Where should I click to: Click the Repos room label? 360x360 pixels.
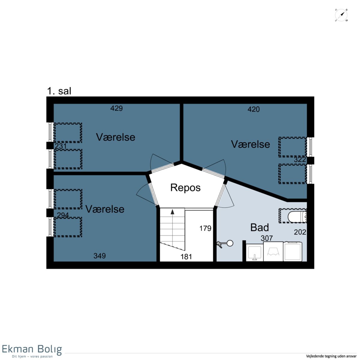click(185, 187)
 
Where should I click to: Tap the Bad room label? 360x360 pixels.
click(259, 227)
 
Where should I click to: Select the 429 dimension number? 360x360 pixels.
click(116, 108)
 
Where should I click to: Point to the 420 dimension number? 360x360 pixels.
click(253, 109)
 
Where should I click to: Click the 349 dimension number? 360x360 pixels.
click(100, 256)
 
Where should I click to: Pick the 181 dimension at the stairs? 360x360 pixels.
click(186, 257)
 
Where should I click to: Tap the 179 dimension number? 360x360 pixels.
click(205, 228)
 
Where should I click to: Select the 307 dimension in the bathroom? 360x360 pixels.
click(267, 238)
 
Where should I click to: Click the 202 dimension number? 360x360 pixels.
click(300, 232)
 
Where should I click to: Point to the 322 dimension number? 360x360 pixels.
click(300, 159)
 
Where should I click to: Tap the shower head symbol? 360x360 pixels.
click(225, 244)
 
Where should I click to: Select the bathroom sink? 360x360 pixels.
click(254, 253)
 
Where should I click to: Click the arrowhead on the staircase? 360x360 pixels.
click(172, 212)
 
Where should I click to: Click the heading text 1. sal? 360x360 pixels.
click(59, 91)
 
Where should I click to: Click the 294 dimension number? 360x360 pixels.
click(63, 215)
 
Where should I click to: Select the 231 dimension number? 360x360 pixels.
click(61, 146)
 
